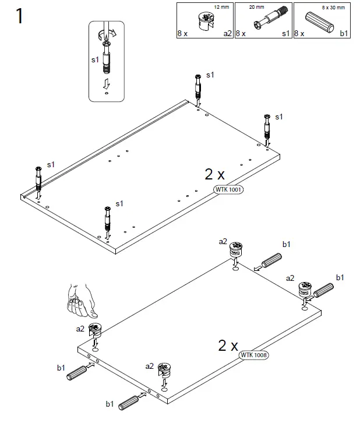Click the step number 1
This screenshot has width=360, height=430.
coord(19,16)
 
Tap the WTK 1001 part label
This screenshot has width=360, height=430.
coord(228,189)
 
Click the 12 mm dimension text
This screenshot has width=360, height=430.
coord(222,8)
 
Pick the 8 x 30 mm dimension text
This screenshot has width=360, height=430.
coord(333,8)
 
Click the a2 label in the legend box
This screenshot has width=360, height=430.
coord(227,34)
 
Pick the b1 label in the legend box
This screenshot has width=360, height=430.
coord(344,34)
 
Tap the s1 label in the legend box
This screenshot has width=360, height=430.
coord(285,34)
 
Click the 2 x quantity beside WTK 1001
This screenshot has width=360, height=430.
coord(214,174)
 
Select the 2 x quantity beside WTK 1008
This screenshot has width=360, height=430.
coord(228,346)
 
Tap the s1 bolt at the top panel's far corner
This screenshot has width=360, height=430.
coord(199,88)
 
